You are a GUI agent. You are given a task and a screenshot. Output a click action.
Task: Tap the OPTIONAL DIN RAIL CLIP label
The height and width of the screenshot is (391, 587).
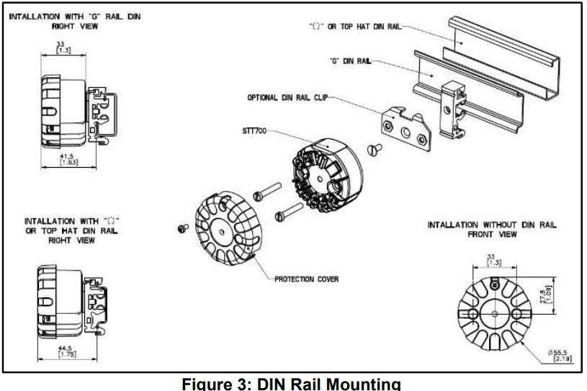click(287, 97)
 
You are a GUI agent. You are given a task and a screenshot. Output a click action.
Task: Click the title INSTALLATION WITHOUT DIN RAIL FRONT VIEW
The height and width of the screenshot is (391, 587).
click(492, 230)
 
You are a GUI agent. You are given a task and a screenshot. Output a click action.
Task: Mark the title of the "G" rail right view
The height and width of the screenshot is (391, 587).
click(74, 21)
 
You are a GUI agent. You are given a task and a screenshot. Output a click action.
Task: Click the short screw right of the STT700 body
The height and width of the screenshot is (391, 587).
click(374, 150)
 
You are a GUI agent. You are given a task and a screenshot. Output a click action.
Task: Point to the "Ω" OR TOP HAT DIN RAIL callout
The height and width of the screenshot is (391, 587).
click(354, 26)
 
